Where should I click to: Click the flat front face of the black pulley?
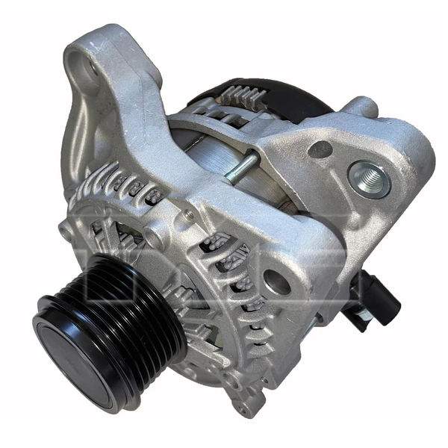(72, 351)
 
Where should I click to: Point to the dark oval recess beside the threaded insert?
(320, 150)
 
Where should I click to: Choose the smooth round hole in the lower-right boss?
(276, 281)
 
